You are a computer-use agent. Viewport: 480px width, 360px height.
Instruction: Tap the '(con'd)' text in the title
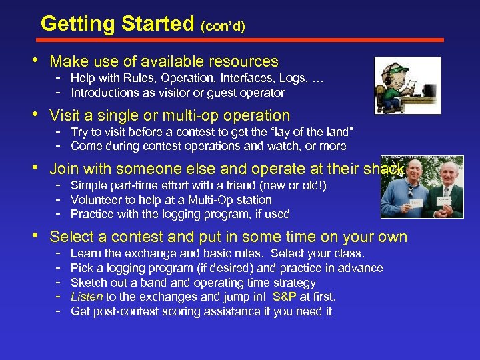(223, 27)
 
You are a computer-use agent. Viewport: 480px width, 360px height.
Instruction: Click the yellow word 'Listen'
(86, 297)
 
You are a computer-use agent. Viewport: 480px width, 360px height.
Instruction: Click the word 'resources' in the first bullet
(243, 62)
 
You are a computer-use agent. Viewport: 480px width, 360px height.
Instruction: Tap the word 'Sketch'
(89, 283)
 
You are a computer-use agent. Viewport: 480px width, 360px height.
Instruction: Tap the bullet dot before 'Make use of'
(35, 61)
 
